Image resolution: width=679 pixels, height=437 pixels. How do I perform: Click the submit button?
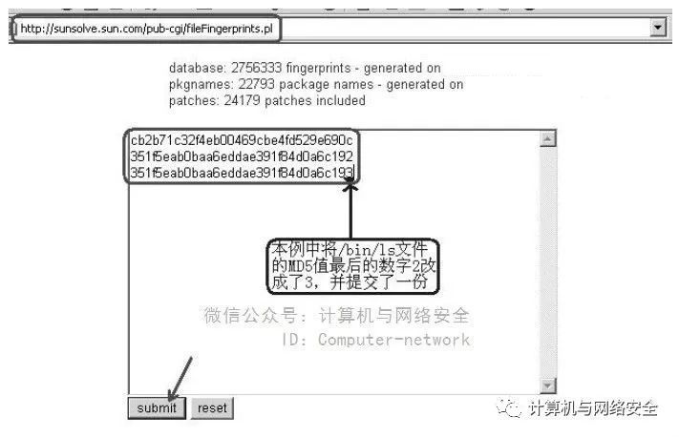[x=156, y=407]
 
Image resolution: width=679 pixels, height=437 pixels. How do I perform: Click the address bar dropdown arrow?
[x=657, y=28]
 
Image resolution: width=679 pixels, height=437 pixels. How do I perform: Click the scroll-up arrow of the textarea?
[x=548, y=139]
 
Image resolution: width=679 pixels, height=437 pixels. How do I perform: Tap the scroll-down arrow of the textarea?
[x=548, y=385]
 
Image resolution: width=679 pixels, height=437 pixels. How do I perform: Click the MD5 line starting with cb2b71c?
[x=242, y=141]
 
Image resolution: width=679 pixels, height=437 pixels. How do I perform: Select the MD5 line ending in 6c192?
[x=242, y=157]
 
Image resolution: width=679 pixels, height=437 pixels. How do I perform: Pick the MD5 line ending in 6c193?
[x=242, y=173]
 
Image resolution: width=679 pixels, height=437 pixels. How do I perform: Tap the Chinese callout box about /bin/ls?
[x=351, y=266]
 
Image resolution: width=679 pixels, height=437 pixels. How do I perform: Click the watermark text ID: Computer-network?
[x=376, y=340]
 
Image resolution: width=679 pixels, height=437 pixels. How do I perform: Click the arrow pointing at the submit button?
[x=181, y=378]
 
